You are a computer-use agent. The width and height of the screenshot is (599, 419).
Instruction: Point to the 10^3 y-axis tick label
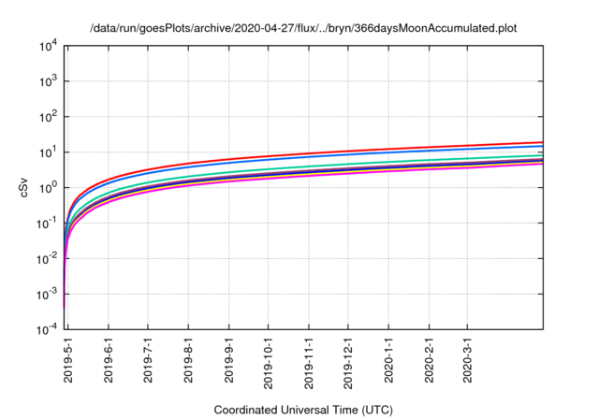coord(48,81)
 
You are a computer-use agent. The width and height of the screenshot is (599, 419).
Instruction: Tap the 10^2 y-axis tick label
coord(48,117)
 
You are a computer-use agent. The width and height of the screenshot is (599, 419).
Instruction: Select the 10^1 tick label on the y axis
coord(48,152)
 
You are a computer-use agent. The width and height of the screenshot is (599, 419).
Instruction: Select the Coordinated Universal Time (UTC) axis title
coord(303,410)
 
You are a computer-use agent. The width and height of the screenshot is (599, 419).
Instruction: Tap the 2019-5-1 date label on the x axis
coord(68,360)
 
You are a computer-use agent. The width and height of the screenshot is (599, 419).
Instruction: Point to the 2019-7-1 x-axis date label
coord(149,360)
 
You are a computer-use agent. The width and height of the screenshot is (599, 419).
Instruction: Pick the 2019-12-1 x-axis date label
coord(348,360)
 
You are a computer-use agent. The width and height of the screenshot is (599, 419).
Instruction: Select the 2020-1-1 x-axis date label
coord(388,360)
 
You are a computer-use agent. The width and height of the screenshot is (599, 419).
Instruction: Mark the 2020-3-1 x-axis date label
coord(467,360)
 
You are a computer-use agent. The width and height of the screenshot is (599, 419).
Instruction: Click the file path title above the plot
coord(303,28)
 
